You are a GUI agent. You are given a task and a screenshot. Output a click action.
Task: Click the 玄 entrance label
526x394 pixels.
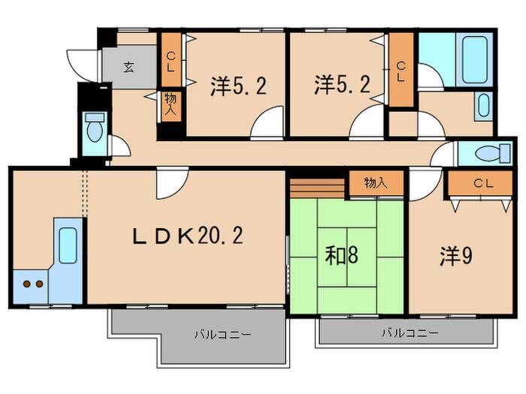point(128,68)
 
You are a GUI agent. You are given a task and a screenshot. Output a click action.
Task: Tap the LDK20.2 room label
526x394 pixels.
point(188,237)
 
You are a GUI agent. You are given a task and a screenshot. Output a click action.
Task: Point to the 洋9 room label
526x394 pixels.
point(455,256)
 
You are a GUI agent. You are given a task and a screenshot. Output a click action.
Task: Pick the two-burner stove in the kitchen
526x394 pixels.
point(31,284)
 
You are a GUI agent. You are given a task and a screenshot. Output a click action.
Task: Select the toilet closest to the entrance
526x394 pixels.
point(93,131)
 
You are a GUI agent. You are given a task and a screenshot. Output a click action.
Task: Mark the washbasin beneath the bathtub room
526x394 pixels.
point(482,105)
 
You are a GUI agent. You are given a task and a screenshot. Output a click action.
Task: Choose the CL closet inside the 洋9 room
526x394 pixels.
point(478,183)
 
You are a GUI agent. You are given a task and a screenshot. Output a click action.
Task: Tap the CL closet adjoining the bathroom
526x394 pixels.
point(401,71)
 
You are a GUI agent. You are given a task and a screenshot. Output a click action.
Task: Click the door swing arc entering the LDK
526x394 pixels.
point(171,184)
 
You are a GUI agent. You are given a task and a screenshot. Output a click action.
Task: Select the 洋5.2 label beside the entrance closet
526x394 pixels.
point(237,87)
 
